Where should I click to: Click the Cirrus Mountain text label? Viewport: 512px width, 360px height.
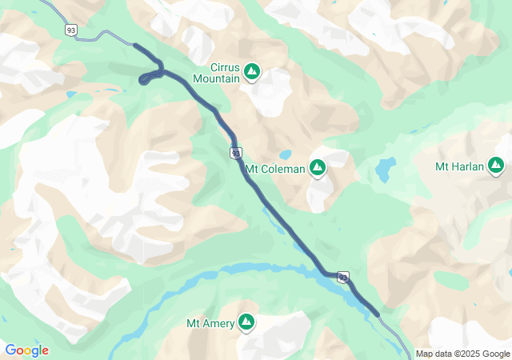[x=217, y=74]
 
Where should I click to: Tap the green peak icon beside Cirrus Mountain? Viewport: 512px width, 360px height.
[x=252, y=73]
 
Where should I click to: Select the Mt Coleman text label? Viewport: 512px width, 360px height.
[x=275, y=169]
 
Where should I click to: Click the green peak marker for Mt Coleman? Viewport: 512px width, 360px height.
[x=318, y=168]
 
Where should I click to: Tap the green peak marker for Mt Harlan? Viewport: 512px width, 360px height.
[x=497, y=166]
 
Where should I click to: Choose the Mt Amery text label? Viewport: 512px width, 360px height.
[x=210, y=323]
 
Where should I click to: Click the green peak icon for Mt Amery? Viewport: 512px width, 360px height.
[x=246, y=322]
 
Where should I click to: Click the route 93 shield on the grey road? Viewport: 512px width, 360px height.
[x=72, y=30]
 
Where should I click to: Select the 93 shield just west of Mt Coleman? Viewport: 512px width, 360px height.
[x=235, y=152]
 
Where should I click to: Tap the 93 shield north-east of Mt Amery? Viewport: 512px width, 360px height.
[x=343, y=278]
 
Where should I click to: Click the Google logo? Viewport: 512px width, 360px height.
[x=26, y=350]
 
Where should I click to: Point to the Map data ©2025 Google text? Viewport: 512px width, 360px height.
[x=462, y=354]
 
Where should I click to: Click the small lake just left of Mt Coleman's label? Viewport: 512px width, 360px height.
[x=285, y=155]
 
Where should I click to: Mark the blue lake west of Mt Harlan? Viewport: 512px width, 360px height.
[x=386, y=169]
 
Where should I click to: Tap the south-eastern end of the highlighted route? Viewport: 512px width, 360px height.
[x=377, y=314]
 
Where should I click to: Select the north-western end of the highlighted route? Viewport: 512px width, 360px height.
[x=135, y=46]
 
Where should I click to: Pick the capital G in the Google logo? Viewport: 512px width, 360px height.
[x=10, y=350]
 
